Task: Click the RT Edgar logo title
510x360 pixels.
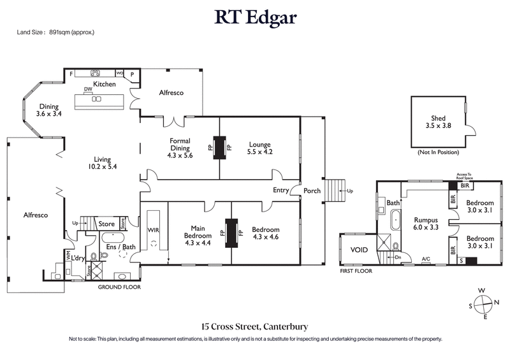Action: (x=255, y=17)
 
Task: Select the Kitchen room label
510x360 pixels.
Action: (x=104, y=84)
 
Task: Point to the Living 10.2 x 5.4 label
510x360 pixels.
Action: (x=87, y=162)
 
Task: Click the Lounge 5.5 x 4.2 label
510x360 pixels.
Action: (x=259, y=148)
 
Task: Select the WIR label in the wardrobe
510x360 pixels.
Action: (x=152, y=229)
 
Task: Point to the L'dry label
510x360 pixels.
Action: (x=78, y=257)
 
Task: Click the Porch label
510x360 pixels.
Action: (x=312, y=191)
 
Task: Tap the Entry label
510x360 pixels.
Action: (x=281, y=191)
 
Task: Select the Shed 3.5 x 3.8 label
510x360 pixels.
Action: (x=437, y=122)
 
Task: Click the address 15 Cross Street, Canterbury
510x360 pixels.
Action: (x=255, y=327)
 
